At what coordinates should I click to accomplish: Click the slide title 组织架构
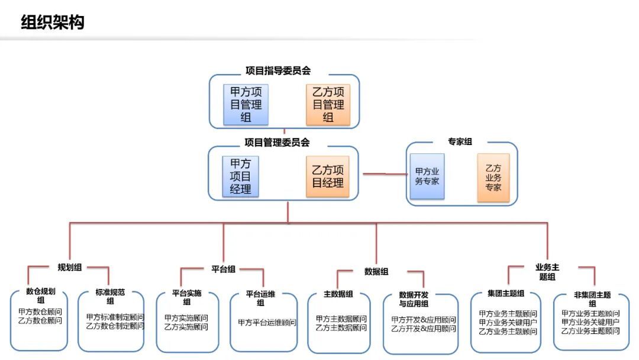point(53,22)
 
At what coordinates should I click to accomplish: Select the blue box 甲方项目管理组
point(246,104)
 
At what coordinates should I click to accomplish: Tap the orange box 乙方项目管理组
point(328,104)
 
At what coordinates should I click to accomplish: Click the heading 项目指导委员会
point(278,70)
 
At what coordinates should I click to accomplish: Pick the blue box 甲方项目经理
point(240,176)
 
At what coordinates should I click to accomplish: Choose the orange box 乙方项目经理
point(328,176)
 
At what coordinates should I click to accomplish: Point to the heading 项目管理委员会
point(277,142)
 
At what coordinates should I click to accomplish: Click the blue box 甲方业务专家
point(427,176)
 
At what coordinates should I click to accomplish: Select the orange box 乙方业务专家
point(493,178)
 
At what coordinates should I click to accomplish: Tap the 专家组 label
point(460,142)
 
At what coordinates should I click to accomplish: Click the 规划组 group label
point(70,268)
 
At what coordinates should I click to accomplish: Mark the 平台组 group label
point(223,269)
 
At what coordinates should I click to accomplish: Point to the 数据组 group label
point(376,272)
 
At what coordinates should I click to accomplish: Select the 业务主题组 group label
point(547,272)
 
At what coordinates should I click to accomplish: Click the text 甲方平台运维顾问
point(267,323)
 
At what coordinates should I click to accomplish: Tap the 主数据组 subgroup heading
point(338,294)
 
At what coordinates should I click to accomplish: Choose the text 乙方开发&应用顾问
point(424,329)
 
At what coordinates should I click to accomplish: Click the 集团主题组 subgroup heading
point(506,293)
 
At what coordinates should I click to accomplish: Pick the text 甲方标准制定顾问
point(115,317)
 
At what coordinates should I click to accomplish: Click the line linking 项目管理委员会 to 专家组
point(385,174)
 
